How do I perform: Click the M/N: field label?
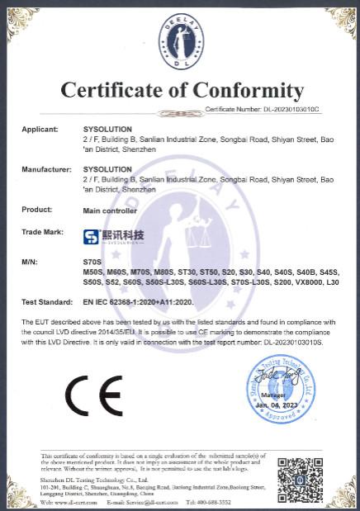coord(31,262)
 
